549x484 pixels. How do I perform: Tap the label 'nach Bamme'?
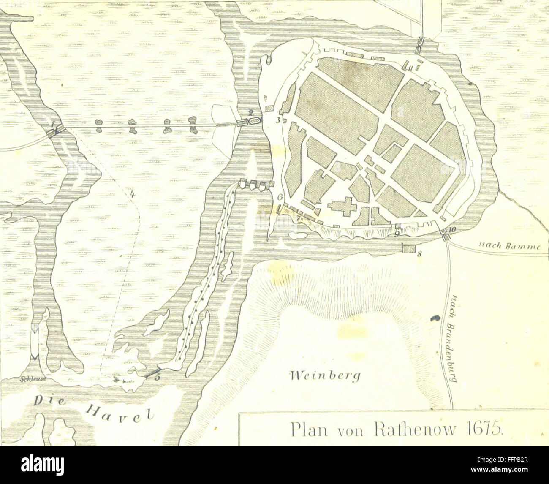508,246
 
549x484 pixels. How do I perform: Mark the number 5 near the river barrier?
157,377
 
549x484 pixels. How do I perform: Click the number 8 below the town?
419,254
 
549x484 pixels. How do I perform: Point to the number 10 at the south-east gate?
453,229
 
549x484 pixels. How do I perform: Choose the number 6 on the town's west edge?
280,197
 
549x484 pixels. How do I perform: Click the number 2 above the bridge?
251,112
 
